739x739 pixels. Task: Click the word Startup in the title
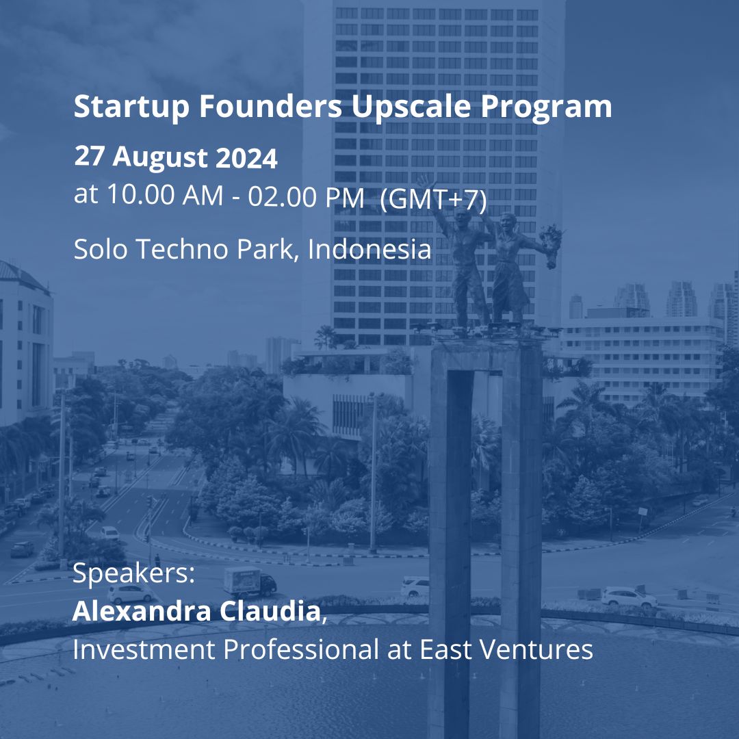[x=131, y=107]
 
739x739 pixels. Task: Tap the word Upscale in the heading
[x=411, y=107]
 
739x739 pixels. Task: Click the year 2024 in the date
[x=246, y=158]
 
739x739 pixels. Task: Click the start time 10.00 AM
[x=165, y=194]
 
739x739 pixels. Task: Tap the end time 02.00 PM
[x=306, y=196]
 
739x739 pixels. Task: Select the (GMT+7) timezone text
[x=433, y=199]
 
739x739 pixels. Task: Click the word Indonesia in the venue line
[x=369, y=248]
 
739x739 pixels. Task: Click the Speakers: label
[x=134, y=574]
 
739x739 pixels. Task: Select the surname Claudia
[x=270, y=611]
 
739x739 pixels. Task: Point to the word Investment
[x=144, y=649]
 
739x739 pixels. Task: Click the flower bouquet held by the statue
[x=551, y=244]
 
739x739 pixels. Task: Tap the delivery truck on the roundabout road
[x=249, y=582]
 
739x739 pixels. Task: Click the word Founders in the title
[x=270, y=107]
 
